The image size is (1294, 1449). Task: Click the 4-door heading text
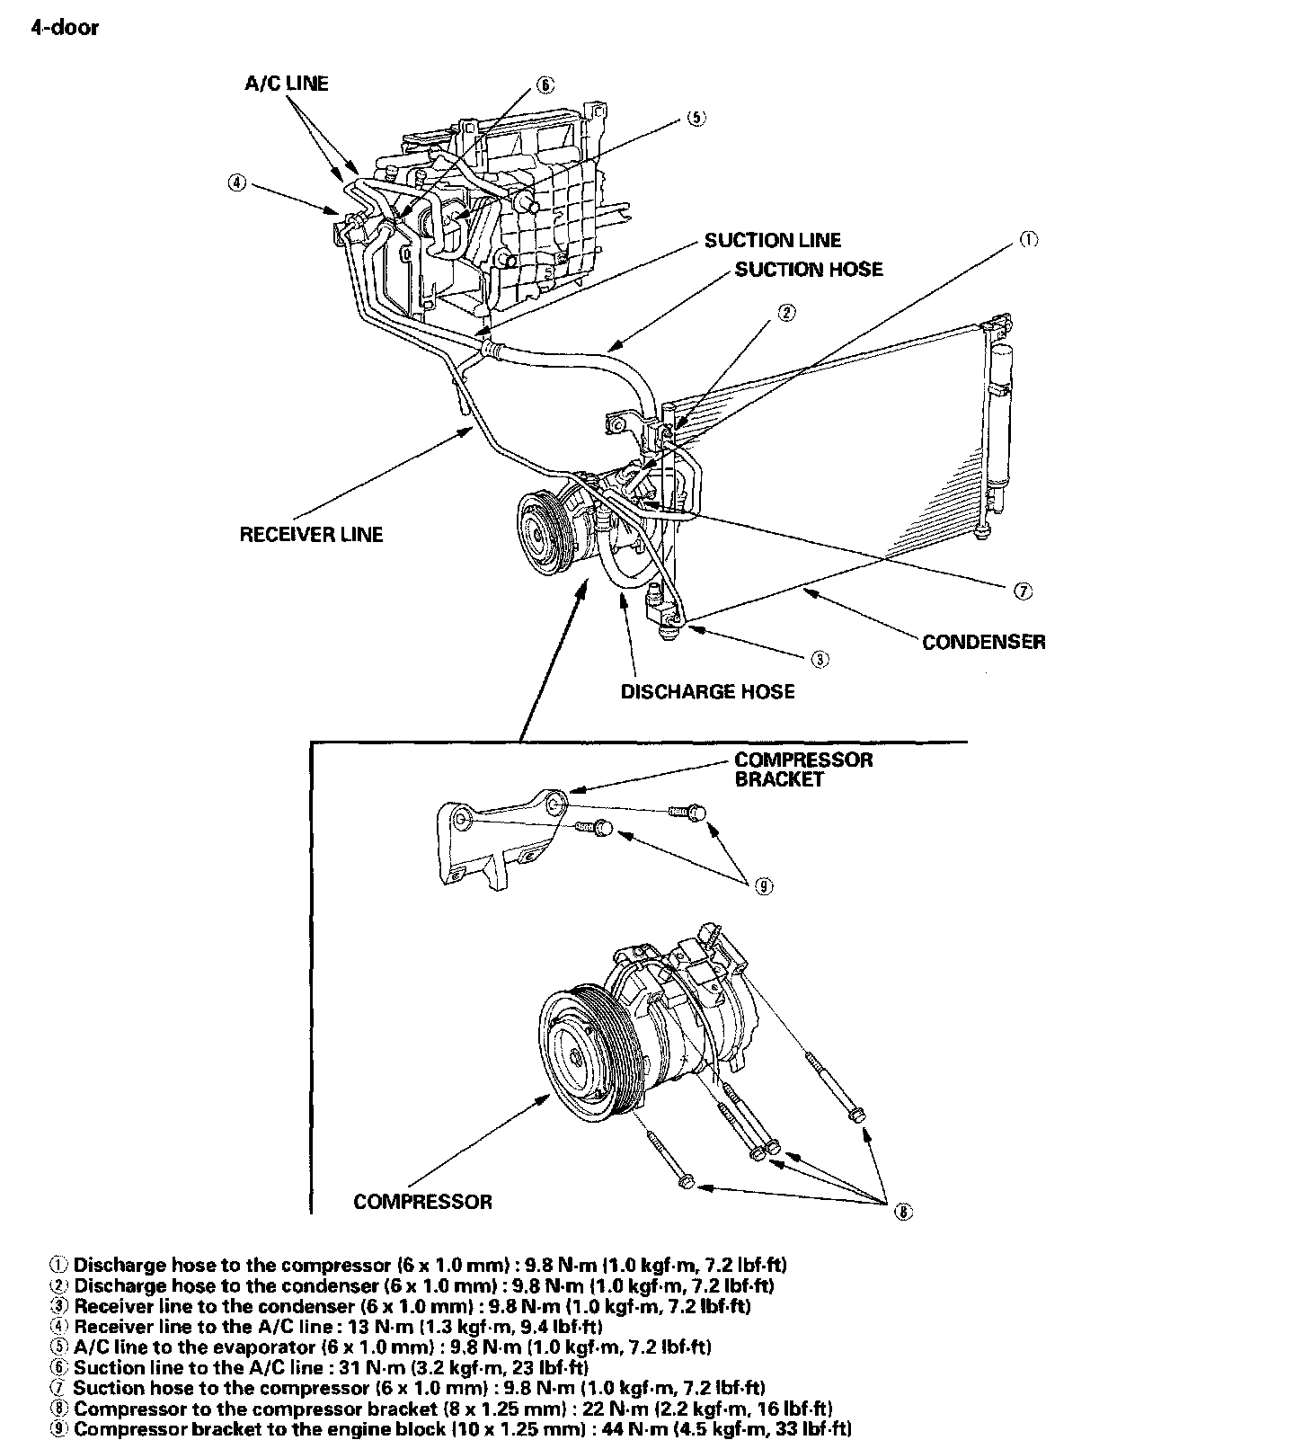pos(65,28)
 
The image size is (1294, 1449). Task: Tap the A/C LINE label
pos(287,84)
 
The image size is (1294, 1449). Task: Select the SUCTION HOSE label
pos(809,270)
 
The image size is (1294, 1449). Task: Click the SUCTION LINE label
pos(773,240)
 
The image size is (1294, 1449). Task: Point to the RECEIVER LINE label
pos(311,535)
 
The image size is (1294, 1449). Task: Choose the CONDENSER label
pos(984,642)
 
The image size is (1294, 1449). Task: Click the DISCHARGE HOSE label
pos(708,691)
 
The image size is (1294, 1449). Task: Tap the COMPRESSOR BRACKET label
pos(803,769)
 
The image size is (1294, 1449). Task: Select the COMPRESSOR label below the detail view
pos(422,1202)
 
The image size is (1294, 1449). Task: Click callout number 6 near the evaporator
pos(545,86)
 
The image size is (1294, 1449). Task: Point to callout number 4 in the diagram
pos(236,182)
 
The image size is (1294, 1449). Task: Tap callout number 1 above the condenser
pos(1028,240)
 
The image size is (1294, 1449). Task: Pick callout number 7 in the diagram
pos(1024,591)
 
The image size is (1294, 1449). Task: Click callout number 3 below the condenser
pos(820,660)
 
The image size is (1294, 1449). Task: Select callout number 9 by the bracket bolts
pos(763,886)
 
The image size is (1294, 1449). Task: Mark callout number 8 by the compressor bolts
pos(903,1213)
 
